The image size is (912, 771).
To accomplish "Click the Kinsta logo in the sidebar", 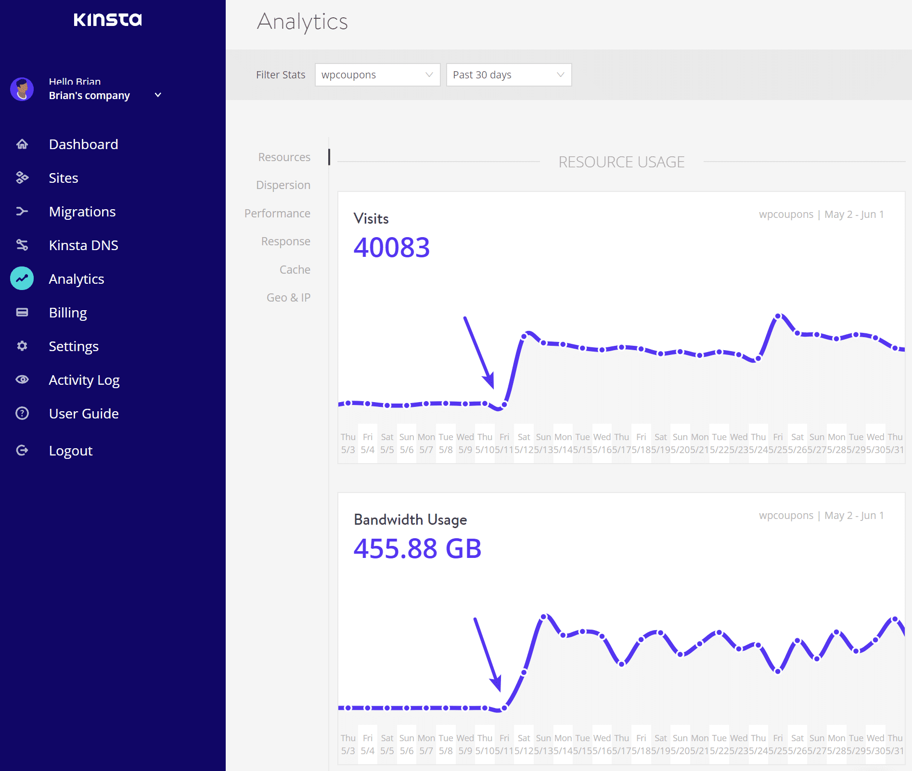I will pos(108,20).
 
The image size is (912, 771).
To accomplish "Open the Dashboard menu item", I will pos(83,144).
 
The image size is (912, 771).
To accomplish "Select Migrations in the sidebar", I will pos(82,212).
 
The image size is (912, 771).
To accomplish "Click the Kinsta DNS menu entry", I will pos(83,245).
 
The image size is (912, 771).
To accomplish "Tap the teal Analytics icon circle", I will pos(22,278).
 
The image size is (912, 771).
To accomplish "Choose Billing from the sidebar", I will pos(68,313).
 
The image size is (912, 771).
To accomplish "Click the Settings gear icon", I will pos(22,346).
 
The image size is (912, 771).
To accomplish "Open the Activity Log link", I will pos(84,380).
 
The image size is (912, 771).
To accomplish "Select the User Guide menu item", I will pos(84,414).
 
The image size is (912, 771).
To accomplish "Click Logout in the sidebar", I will pos(70,451).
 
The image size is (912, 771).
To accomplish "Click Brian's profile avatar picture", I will pos(22,89).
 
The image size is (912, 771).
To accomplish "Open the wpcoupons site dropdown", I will pos(377,75).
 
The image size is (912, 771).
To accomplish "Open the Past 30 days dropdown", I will pos(509,75).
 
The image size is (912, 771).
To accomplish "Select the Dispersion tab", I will pos(283,185).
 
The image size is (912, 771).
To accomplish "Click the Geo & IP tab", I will pos(288,298).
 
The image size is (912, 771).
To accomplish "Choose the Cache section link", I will pos(295,270).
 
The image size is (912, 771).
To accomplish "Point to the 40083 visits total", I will pos(391,248).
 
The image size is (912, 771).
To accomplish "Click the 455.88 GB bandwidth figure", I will pos(417,549).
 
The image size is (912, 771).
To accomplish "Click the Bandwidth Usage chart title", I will pos(410,520).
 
